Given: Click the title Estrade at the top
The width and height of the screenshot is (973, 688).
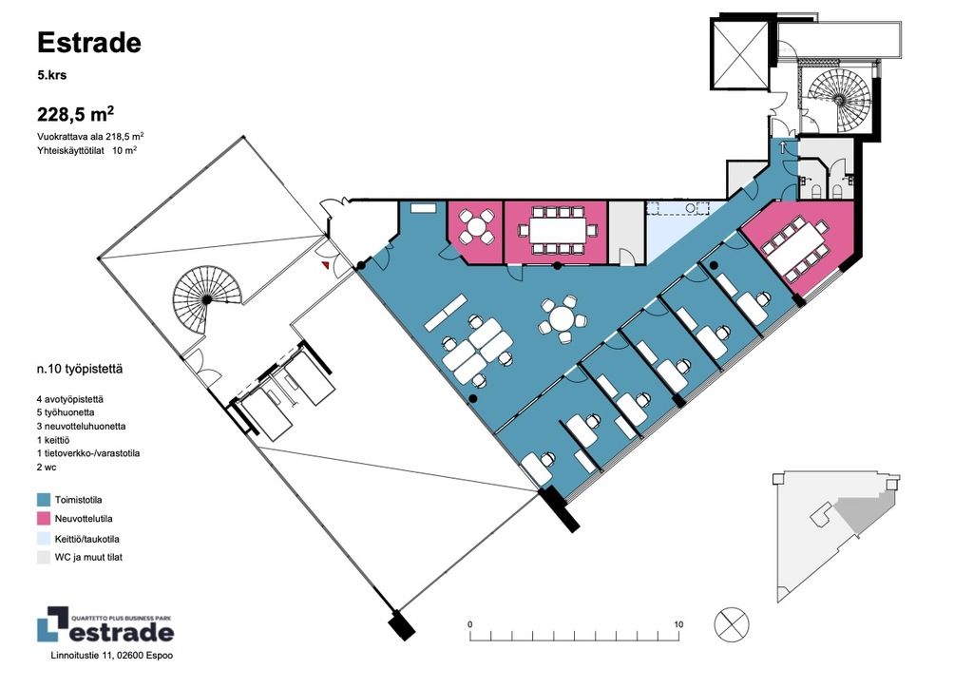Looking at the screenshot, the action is pos(89,43).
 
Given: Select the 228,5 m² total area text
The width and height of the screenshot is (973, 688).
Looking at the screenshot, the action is pos(75,114).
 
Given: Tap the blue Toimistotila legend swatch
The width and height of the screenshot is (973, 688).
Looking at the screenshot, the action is pos(44,500).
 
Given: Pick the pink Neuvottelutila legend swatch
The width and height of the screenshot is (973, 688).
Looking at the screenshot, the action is pos(44,519).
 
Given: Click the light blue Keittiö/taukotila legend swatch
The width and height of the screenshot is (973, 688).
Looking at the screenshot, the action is pos(44,539).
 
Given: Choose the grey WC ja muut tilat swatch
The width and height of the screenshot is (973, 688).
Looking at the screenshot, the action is pos(44,557).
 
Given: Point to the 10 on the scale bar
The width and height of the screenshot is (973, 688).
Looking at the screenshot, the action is pos(678,624).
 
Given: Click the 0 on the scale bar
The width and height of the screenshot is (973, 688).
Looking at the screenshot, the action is pos(469,624).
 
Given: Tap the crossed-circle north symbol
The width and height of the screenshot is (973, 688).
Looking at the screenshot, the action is pos(732,624).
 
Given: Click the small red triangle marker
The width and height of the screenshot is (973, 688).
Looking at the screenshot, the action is pos(325,265).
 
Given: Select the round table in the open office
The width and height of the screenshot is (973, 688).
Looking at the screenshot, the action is pos(563,320).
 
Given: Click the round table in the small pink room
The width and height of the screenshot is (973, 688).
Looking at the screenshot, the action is pos(476,226).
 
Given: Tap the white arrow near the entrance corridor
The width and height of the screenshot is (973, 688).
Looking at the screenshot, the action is pos(783,147).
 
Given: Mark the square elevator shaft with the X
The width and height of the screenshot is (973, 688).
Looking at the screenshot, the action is pos(740,54).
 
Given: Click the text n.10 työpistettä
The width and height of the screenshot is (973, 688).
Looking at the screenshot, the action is pos(80,369).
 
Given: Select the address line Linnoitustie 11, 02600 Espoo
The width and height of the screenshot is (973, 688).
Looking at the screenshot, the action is pos(112,655).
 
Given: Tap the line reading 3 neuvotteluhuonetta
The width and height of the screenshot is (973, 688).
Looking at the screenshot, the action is pos(82,427).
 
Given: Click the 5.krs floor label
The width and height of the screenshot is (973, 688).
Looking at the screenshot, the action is pos(52,76).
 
